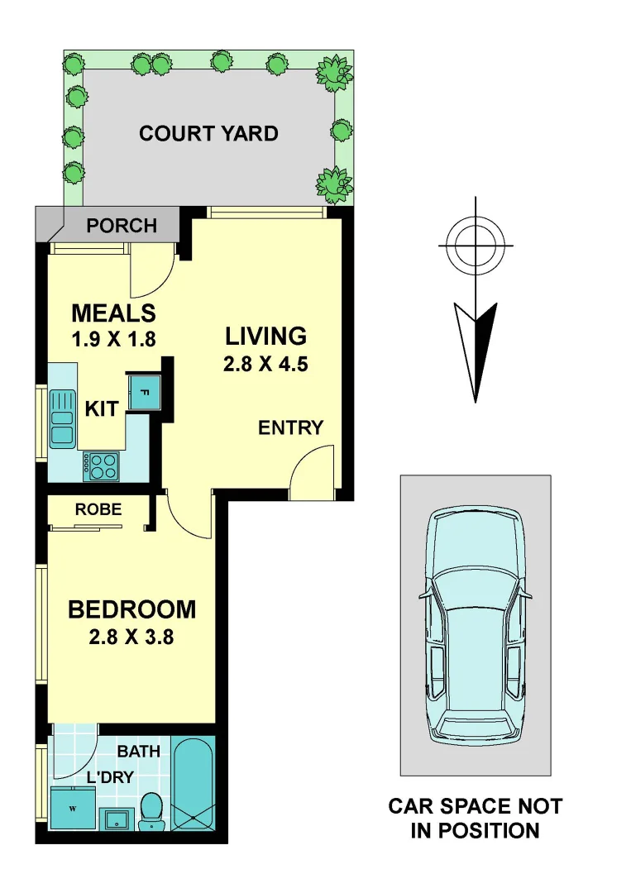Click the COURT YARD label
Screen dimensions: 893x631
tap(208, 134)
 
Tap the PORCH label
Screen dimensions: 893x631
tap(122, 226)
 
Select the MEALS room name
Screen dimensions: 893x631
tap(113, 313)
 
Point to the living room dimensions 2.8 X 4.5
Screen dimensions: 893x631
tap(265, 364)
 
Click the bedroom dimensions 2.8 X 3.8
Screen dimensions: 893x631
tap(131, 638)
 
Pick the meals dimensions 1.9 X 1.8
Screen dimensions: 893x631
tap(113, 339)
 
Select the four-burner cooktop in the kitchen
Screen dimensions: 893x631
tap(102, 466)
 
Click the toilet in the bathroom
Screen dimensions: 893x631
tap(151, 810)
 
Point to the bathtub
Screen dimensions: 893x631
tap(194, 781)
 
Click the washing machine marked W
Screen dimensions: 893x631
tap(72, 807)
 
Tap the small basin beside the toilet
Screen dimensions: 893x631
tap(115, 819)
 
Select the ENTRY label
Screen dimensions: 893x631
tap(290, 428)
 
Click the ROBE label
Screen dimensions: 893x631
tap(98, 510)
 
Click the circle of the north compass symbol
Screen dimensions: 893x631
tap(476, 246)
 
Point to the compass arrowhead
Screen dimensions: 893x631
tap(476, 347)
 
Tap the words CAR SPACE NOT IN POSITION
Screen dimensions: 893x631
tap(475, 819)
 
